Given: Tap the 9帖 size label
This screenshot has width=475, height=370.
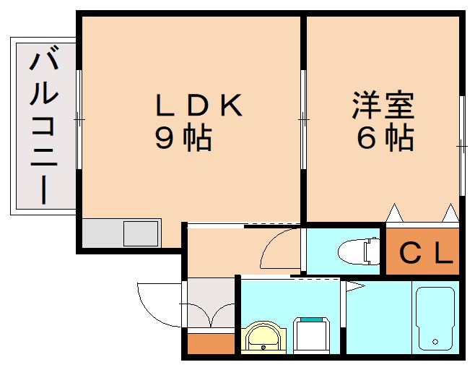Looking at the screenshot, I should click(x=183, y=137).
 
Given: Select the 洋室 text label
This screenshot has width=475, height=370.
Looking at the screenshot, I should click(x=383, y=106).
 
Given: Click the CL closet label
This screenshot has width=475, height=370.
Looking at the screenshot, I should click(x=426, y=253).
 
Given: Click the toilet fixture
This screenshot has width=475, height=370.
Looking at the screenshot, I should click(x=359, y=251).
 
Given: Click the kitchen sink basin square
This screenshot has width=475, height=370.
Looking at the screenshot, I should click(x=141, y=234).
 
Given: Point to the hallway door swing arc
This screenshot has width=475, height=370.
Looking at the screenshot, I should click(x=278, y=249).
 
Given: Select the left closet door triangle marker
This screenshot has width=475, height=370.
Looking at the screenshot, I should click(x=394, y=213).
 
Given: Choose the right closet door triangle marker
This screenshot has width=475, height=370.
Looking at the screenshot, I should click(x=450, y=213).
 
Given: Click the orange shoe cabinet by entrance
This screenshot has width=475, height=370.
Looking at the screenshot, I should click(x=211, y=344).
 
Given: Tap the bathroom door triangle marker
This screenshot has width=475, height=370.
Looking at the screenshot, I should click(x=354, y=287).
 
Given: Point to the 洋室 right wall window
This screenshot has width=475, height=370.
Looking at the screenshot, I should click(x=461, y=145).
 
